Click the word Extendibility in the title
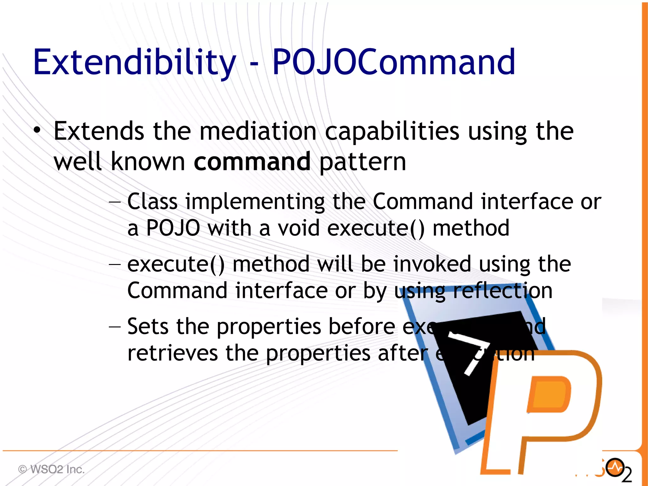tap(134, 62)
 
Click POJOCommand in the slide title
tap(394, 62)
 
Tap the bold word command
tap(252, 161)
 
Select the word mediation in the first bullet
tap(258, 131)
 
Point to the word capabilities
tap(392, 132)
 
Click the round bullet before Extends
tap(37, 130)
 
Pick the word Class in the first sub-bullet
tap(152, 201)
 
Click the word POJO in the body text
tap(173, 228)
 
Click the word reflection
tap(502, 291)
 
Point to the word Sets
tap(148, 326)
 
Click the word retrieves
tap(172, 353)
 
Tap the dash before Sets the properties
tap(115, 326)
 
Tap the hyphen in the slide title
tap(254, 63)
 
